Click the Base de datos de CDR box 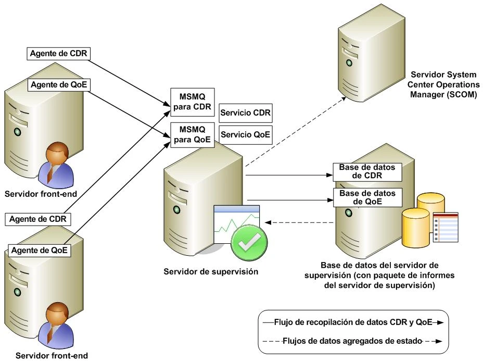[359, 171]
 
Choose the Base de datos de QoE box [359, 197]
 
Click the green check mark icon [249, 241]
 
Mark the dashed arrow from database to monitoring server [299, 223]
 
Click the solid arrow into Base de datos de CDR [289, 176]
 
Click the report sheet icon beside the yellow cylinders [446, 227]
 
